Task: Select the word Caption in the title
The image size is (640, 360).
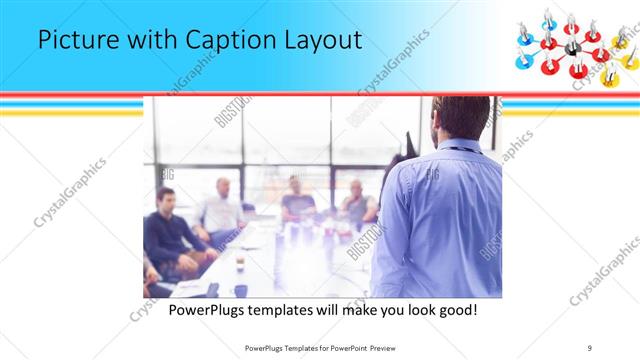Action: (x=224, y=41)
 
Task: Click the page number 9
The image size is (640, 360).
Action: (x=589, y=348)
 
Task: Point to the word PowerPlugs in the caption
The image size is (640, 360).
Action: (x=203, y=310)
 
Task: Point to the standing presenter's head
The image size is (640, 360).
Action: (x=461, y=118)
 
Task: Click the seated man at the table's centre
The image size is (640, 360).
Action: (x=297, y=199)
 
